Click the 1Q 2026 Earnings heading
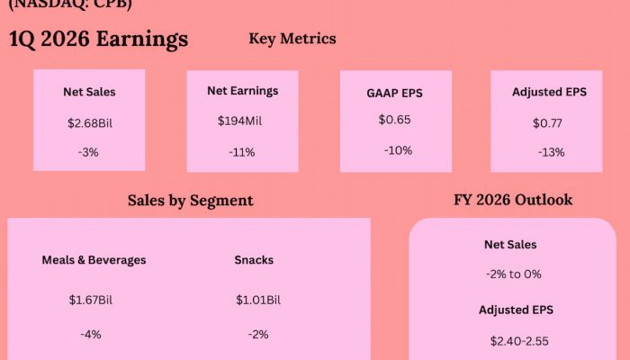(99, 40)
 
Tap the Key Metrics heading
(292, 39)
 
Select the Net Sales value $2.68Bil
(89, 122)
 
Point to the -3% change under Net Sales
(89, 152)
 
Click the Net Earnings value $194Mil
(242, 121)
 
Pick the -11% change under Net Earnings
(242, 152)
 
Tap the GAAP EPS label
(395, 92)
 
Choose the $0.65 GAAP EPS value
(395, 120)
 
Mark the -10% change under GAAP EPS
(398, 150)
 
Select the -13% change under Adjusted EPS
(551, 152)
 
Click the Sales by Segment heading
(190, 201)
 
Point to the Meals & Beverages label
(94, 260)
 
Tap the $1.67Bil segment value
(91, 300)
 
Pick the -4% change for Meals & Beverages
(91, 334)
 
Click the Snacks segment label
(254, 260)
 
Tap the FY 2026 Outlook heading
(513, 200)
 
